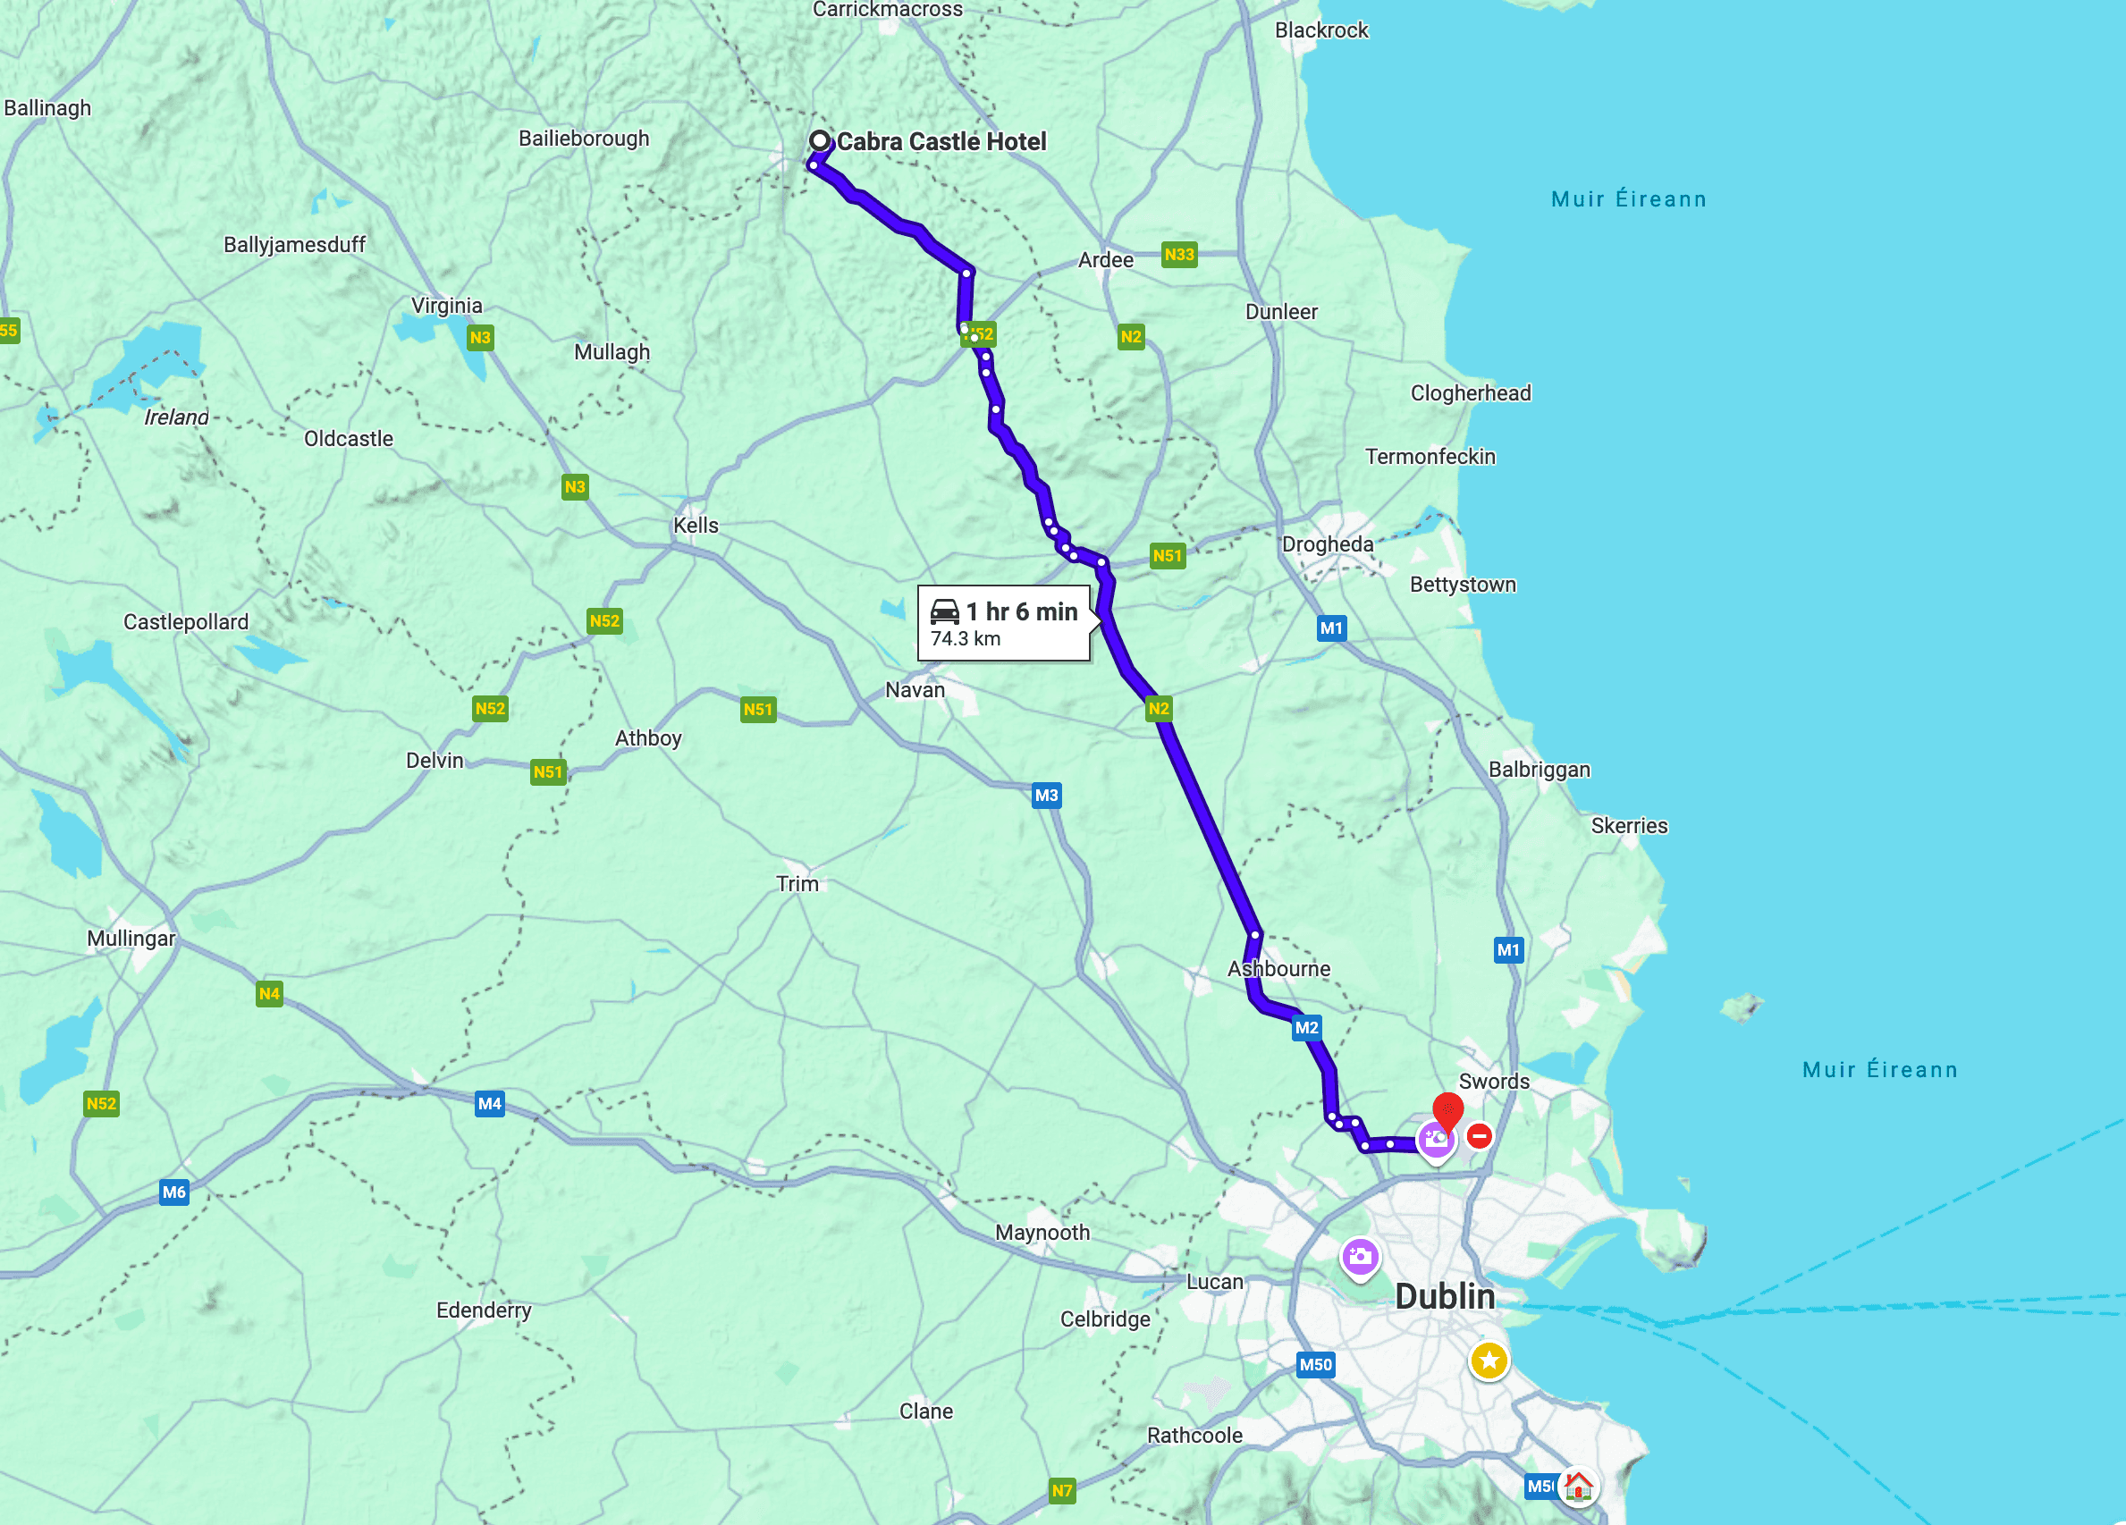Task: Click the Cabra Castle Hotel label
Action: pyautogui.click(x=941, y=141)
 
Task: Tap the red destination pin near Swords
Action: pyautogui.click(x=1447, y=1109)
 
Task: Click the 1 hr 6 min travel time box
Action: pyautogui.click(x=1003, y=623)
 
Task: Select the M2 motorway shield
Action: pyautogui.click(x=1306, y=1027)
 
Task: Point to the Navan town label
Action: pyautogui.click(x=915, y=690)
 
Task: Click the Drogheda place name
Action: pyautogui.click(x=1327, y=544)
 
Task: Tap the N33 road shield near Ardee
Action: pyautogui.click(x=1178, y=254)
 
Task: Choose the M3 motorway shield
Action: pyautogui.click(x=1046, y=796)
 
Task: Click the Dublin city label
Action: pyautogui.click(x=1445, y=1296)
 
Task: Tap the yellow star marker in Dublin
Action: pyautogui.click(x=1489, y=1359)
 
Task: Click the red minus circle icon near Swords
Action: pyautogui.click(x=1480, y=1136)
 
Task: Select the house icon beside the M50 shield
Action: pyautogui.click(x=1578, y=1486)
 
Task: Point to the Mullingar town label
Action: pyautogui.click(x=131, y=939)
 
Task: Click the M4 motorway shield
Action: pyautogui.click(x=489, y=1103)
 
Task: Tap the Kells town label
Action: pyautogui.click(x=696, y=526)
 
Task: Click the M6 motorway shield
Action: pyautogui.click(x=174, y=1192)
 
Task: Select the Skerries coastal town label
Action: pyautogui.click(x=1629, y=826)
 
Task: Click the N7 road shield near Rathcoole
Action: pyautogui.click(x=1061, y=1490)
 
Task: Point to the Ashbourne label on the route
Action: pyautogui.click(x=1278, y=968)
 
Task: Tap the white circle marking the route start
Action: pyautogui.click(x=819, y=140)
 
